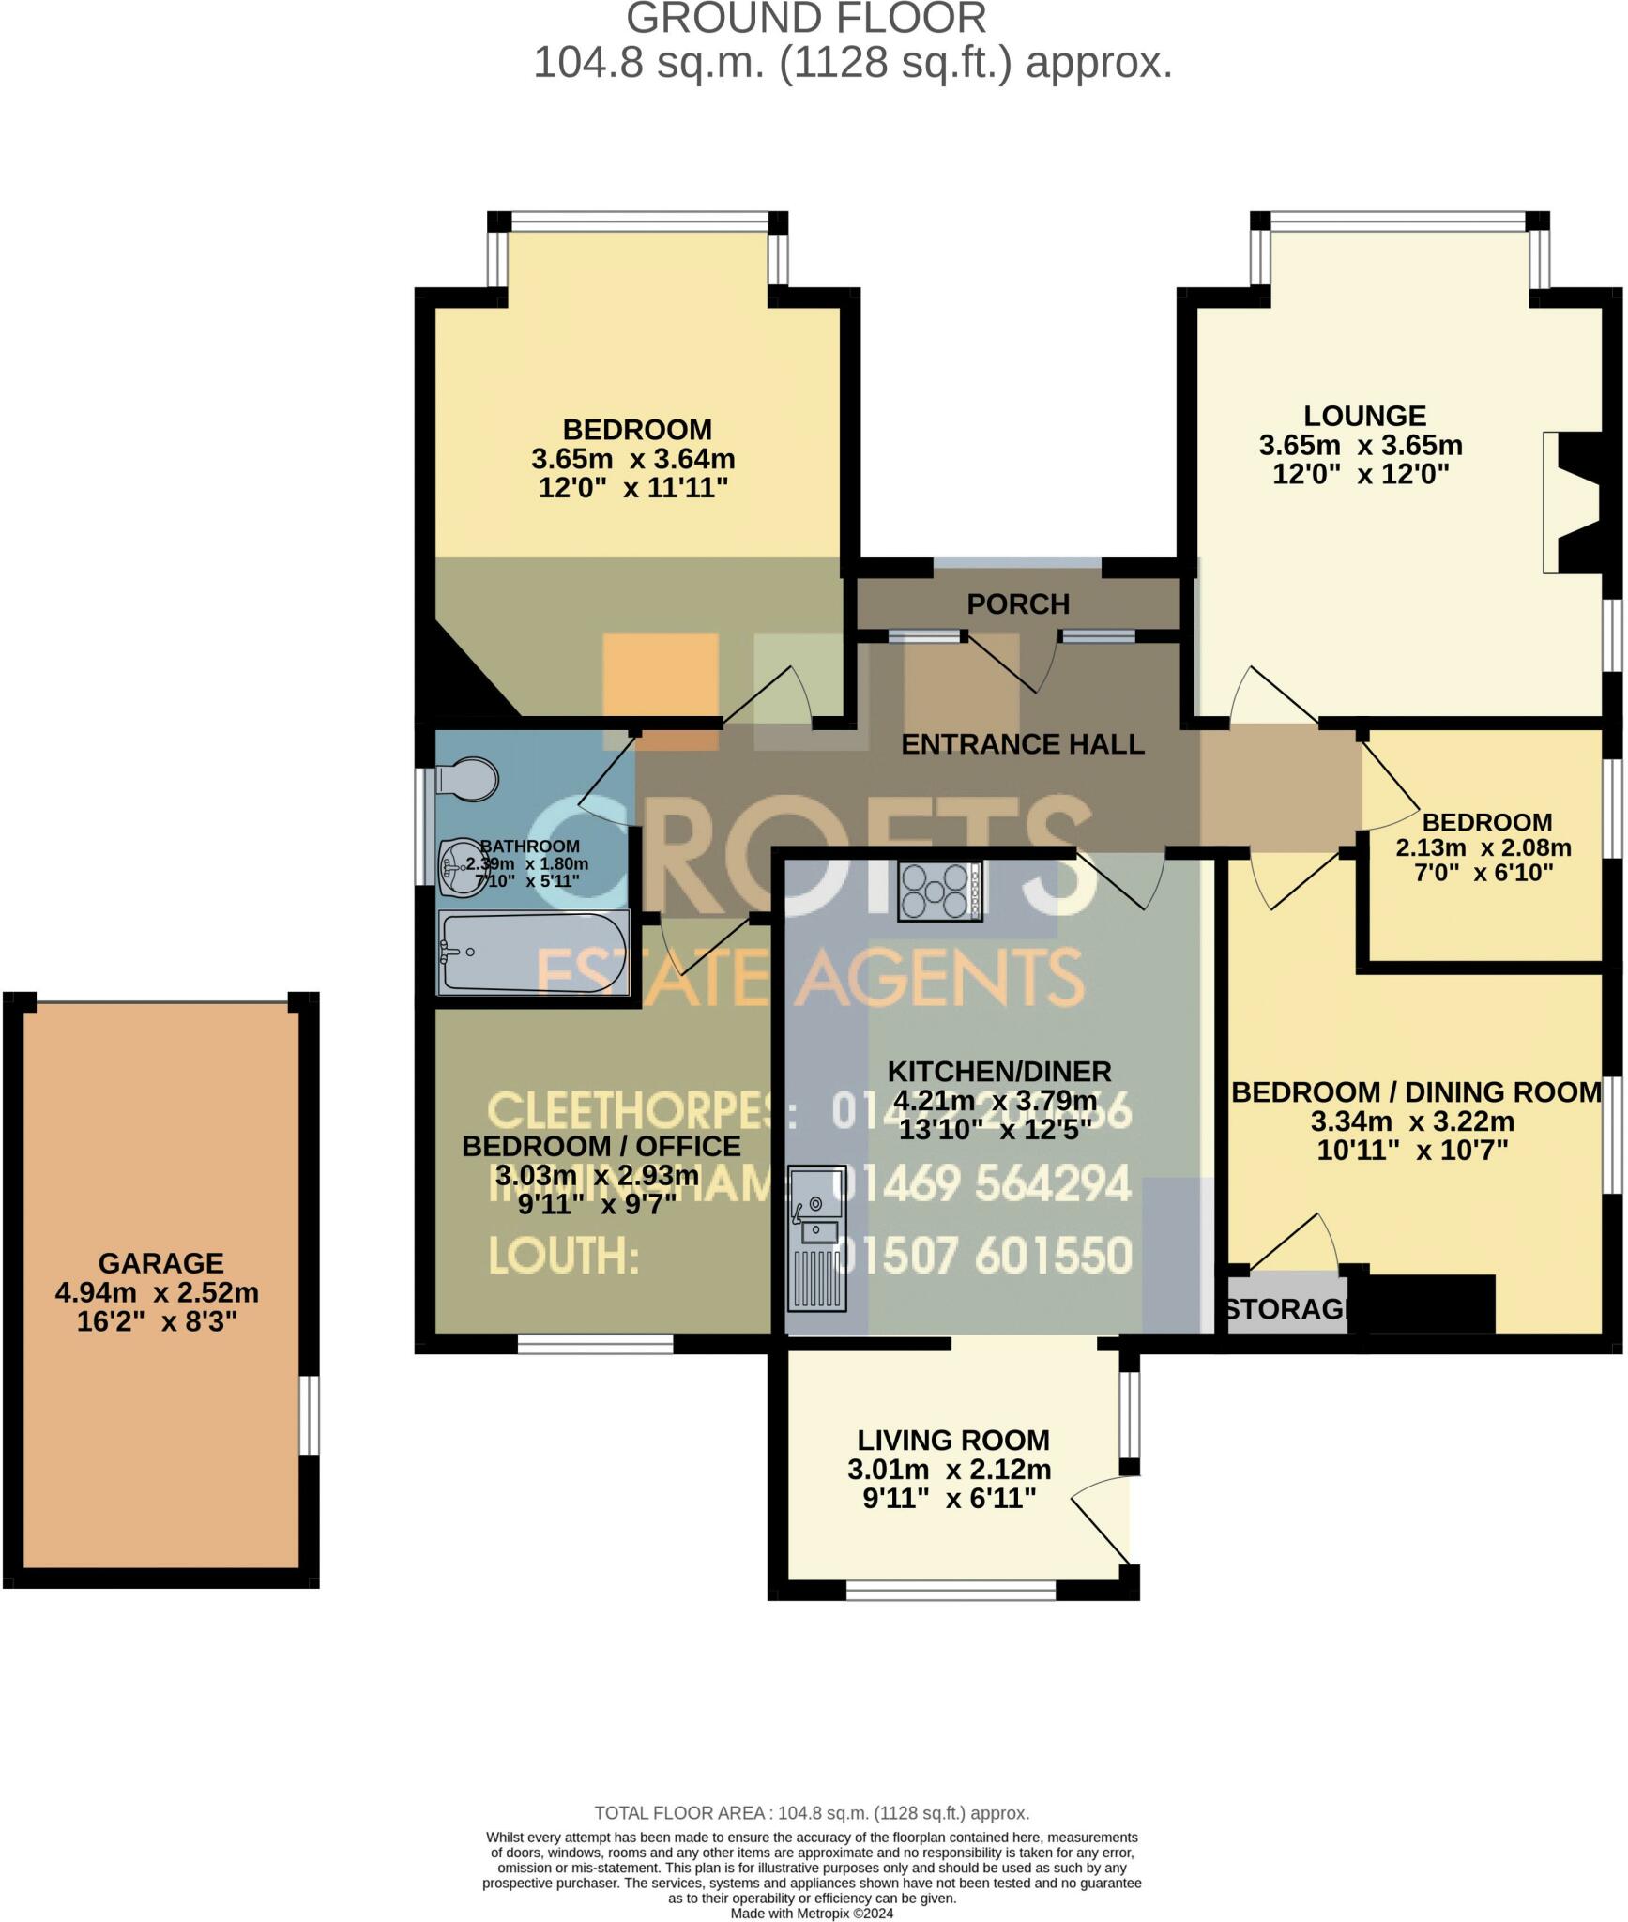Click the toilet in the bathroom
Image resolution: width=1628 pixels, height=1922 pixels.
(x=469, y=779)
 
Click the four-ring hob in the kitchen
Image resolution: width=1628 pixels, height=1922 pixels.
(x=939, y=891)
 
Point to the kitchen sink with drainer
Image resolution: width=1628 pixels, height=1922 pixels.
(x=817, y=1238)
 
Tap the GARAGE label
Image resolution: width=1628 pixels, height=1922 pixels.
(x=160, y=1263)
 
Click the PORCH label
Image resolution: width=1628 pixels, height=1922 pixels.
(x=1018, y=603)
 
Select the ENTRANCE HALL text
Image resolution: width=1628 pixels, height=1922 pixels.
(x=1022, y=744)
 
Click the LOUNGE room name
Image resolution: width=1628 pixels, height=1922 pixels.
(x=1364, y=415)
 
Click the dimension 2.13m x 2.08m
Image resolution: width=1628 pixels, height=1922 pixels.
(x=1483, y=847)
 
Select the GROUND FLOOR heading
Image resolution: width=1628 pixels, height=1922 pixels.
(x=806, y=19)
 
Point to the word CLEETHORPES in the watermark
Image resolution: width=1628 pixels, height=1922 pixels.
(x=629, y=1112)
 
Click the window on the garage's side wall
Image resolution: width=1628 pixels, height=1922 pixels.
(x=310, y=1414)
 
